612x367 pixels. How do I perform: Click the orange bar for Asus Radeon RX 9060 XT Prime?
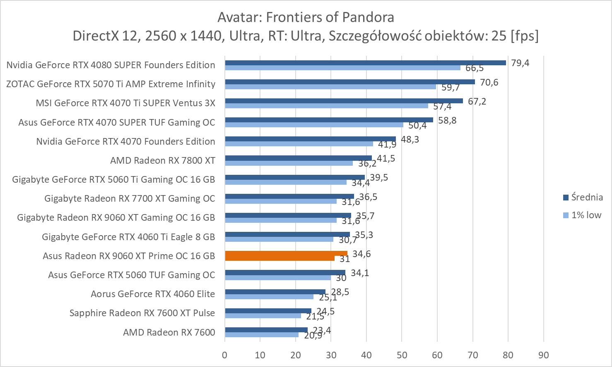coord(286,254)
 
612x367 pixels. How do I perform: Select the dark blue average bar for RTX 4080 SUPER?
coord(365,63)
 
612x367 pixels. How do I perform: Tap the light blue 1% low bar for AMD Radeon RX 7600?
coord(262,335)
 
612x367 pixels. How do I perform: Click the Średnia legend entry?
coord(583,198)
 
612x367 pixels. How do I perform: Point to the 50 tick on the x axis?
coord(402,355)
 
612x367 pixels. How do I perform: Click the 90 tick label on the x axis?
coord(543,355)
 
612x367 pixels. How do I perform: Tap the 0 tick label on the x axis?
coord(225,355)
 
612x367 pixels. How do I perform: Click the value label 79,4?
coord(520,63)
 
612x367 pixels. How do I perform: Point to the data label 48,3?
coord(410,139)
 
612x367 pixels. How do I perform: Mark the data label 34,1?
coord(360,273)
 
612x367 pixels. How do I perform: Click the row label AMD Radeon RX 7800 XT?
coord(163,160)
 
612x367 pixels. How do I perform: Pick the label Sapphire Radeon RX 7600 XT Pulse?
coord(142,313)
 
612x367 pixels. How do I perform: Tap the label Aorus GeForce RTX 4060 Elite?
coord(153,294)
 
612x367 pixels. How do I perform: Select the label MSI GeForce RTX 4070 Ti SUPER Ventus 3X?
coord(125,103)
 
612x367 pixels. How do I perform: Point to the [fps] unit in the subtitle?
coord(525,36)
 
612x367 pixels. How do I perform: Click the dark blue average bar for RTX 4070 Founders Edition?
coord(310,139)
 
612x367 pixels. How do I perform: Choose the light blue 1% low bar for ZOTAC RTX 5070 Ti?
coord(330,87)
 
